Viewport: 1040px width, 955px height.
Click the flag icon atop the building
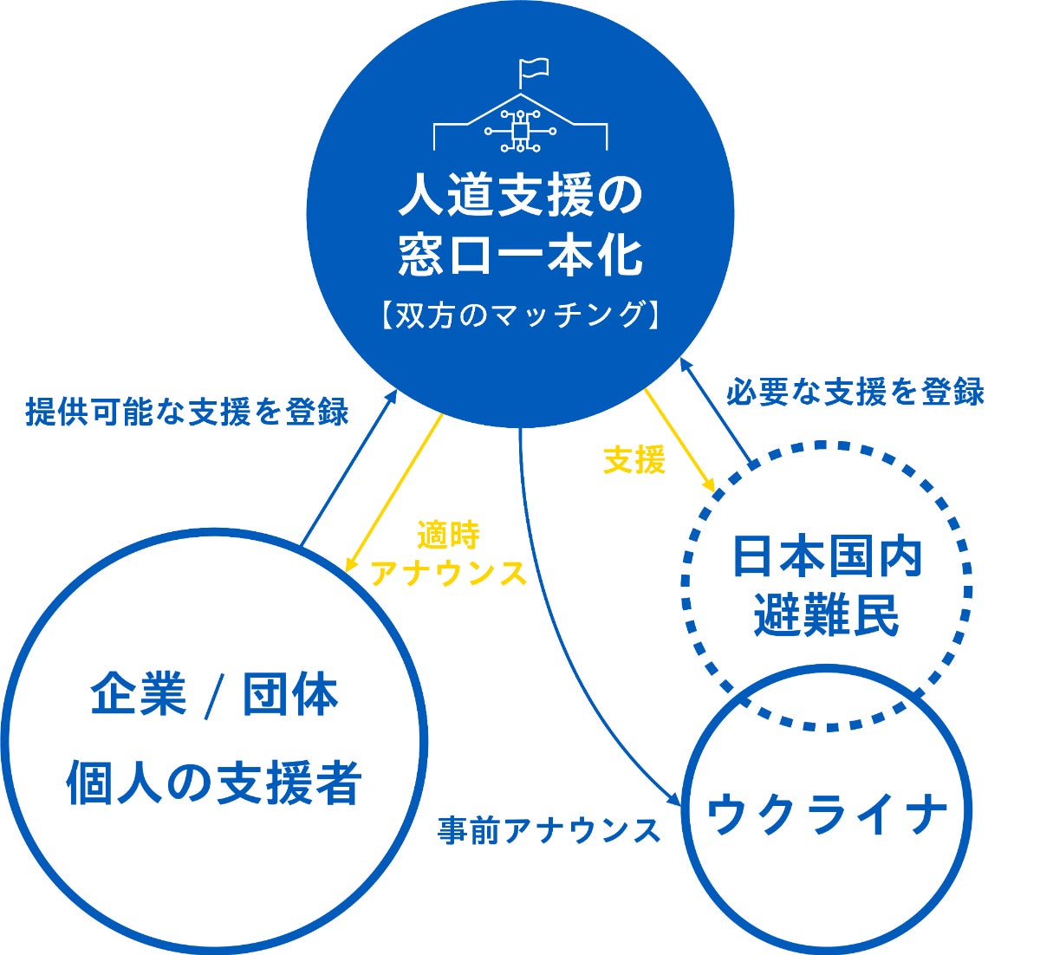[x=532, y=68]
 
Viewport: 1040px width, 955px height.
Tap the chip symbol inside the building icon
[x=520, y=131]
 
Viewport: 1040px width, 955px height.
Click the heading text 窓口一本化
[x=520, y=257]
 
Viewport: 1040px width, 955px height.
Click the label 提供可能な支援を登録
[x=187, y=412]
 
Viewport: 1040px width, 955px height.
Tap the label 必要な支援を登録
[x=855, y=392]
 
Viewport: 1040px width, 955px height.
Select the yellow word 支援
[x=634, y=461]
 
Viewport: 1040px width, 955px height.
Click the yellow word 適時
[x=448, y=536]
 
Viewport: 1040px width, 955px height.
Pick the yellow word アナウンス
[x=448, y=573]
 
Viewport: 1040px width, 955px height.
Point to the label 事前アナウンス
[x=549, y=830]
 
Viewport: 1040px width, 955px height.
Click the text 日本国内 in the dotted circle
[x=827, y=557]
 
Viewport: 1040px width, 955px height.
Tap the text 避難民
[x=827, y=616]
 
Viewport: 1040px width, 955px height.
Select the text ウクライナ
[x=827, y=815]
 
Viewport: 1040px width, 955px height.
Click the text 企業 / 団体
[x=214, y=696]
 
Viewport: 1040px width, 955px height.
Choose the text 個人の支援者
[x=214, y=782]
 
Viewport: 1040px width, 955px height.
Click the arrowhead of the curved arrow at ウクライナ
[x=677, y=802]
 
